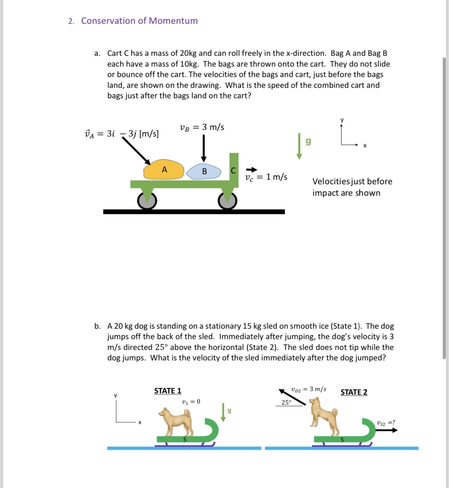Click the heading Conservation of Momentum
[139, 21]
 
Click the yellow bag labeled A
[164, 170]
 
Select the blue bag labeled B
[204, 171]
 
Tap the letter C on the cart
[233, 171]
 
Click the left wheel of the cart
[147, 201]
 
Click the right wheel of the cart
[228, 201]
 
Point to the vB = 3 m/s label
[202, 127]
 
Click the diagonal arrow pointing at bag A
[136, 151]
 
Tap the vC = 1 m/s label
[266, 177]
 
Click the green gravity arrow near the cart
[299, 146]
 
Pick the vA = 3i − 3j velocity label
[122, 134]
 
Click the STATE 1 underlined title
[168, 391]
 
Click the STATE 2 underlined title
[354, 392]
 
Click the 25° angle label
[286, 402]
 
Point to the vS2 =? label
[386, 423]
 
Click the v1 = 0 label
[191, 402]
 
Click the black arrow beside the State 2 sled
[387, 430]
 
